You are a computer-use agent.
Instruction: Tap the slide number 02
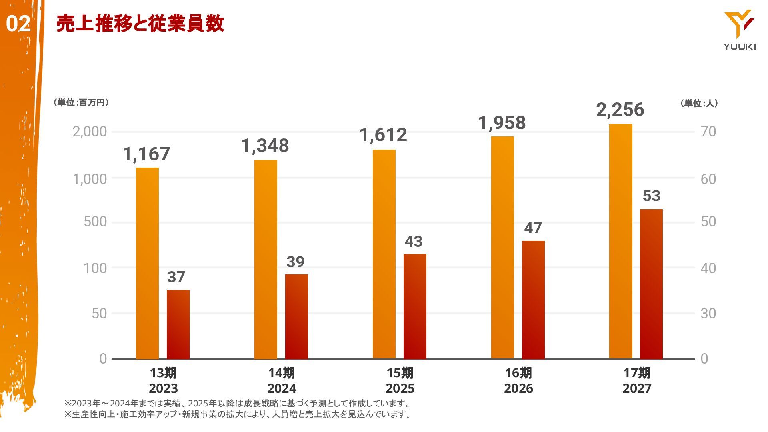pos(18,24)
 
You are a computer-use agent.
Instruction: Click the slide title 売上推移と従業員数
pos(140,24)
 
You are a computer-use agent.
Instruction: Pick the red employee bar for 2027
pos(651,284)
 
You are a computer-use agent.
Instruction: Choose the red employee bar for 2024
pos(296,316)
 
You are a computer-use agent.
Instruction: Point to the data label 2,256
pos(620,110)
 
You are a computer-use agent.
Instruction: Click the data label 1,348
pos(265,146)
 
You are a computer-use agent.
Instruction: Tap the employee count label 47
pos(533,228)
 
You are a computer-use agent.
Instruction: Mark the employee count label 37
pos(176,277)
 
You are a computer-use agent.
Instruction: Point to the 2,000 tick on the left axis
pos(90,132)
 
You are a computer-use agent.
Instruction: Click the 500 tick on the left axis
pos(95,222)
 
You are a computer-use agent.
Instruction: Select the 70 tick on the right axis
pos(708,132)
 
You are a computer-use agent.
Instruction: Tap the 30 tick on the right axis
pos(708,313)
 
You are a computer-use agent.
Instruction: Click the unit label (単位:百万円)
pos(81,103)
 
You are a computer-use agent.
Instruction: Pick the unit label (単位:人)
pos(699,103)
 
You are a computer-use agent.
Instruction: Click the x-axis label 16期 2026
pos(518,380)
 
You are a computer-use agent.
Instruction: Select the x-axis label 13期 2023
pos(163,380)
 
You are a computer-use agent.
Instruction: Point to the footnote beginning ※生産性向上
pos(238,414)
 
